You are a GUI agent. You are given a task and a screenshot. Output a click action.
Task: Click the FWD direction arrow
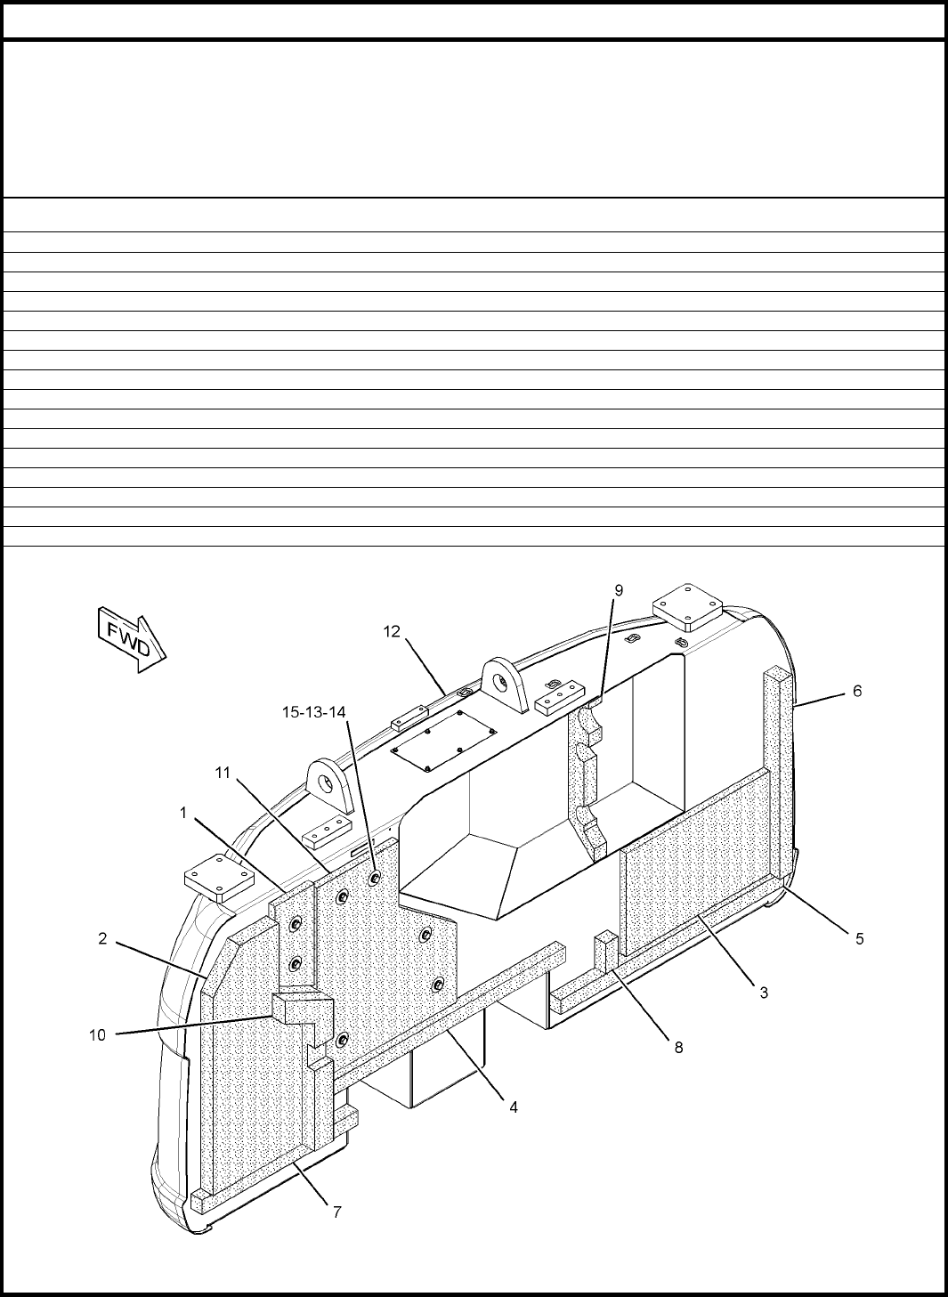132,639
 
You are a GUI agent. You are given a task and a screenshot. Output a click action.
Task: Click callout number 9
619,590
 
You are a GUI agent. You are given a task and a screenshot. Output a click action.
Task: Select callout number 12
392,632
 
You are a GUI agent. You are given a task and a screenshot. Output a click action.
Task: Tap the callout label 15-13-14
314,712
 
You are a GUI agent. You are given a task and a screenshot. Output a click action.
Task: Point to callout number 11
223,773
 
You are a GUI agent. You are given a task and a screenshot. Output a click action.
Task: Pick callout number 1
183,813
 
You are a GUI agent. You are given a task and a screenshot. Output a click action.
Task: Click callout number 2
102,938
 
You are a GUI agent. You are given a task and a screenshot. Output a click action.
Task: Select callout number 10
97,1034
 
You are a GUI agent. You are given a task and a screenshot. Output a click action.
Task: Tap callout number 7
337,1212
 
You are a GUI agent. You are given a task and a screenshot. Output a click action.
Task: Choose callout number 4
513,1107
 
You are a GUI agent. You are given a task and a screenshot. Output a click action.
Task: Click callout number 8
678,1047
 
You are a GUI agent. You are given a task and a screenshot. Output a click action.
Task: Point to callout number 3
764,992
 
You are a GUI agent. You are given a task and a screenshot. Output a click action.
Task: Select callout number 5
859,938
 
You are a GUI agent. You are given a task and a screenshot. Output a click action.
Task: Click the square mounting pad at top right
687,607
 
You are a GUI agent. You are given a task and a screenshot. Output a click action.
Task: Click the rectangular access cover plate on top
443,742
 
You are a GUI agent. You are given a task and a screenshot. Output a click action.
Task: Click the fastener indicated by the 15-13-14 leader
374,879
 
